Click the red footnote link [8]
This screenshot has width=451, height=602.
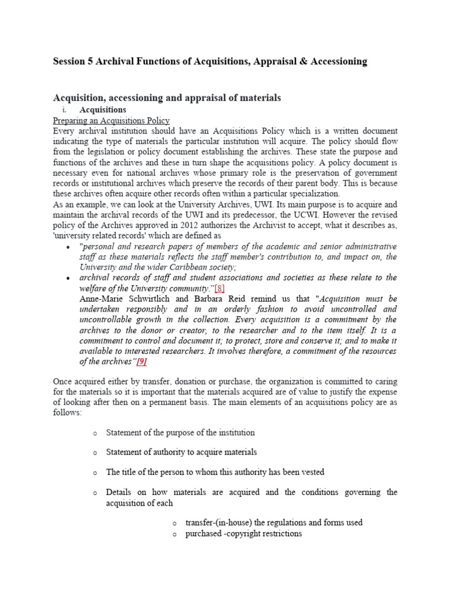point(219,288)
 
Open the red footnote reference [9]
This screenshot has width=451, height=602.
point(142,362)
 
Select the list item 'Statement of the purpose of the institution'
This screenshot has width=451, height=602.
point(180,433)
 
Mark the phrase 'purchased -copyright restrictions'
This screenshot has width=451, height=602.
point(243,533)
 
